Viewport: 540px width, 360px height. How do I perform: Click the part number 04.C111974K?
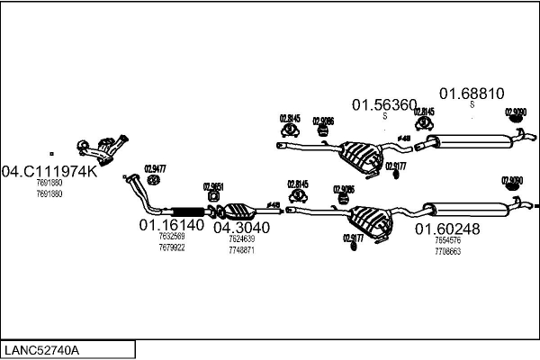(49, 171)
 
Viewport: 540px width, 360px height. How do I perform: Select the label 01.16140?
(171, 224)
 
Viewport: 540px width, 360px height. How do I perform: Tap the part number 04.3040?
(241, 228)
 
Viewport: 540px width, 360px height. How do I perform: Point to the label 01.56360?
(383, 105)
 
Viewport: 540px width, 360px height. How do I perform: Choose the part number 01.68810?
(471, 94)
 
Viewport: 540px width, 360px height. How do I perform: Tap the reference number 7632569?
(171, 237)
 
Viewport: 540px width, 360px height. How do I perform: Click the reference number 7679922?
(171, 247)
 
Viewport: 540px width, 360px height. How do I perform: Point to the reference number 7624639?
(241, 239)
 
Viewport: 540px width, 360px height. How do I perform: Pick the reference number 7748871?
(241, 250)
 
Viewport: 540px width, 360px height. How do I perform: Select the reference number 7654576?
(447, 241)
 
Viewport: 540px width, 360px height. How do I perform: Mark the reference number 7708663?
(447, 252)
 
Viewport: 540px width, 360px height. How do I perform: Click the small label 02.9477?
(155, 168)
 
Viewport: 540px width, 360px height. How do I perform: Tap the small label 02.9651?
(212, 186)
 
